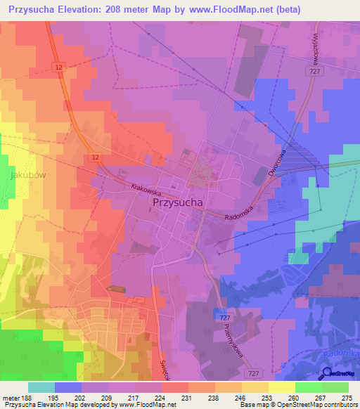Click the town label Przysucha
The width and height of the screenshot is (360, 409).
point(177,202)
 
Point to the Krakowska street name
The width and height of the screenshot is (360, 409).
point(146,188)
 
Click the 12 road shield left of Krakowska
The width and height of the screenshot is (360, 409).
point(94,157)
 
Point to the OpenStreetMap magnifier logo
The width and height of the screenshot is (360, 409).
point(328,375)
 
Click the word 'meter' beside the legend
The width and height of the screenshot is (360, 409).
point(9,398)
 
